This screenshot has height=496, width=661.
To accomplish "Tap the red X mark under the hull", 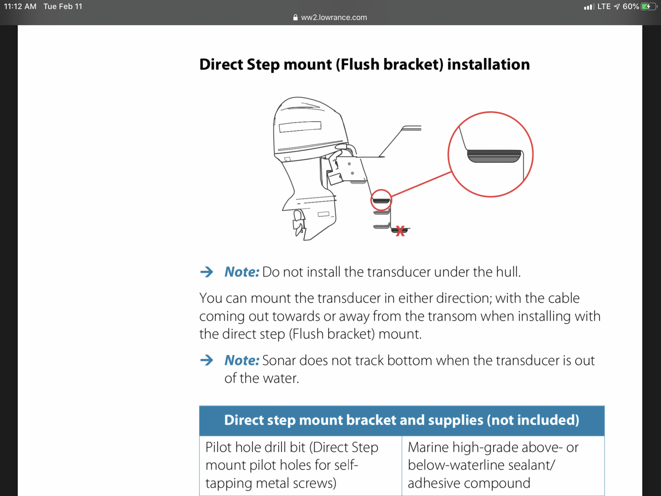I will (400, 231).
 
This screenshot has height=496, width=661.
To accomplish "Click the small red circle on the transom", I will (381, 200).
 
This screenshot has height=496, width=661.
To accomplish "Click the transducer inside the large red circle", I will (494, 156).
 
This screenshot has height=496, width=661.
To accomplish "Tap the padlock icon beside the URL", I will (295, 18).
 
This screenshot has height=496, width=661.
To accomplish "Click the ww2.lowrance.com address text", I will (334, 18).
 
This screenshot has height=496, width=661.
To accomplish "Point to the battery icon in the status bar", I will (648, 7).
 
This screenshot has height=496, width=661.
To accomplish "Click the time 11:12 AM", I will (20, 7).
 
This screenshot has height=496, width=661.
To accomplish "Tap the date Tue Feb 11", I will (63, 7).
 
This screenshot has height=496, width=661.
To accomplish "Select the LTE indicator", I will (604, 7).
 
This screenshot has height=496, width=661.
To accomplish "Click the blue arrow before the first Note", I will (207, 272).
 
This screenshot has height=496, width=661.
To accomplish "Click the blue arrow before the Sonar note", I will (207, 360).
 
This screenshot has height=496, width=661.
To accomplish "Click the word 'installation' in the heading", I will (488, 64).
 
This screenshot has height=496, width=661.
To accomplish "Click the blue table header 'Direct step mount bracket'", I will (402, 420).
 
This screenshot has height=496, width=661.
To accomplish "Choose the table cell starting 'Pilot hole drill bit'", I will (300, 465).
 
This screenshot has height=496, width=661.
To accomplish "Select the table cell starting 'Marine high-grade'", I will (503, 465).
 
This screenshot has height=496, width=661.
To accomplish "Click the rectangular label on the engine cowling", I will (300, 127).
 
